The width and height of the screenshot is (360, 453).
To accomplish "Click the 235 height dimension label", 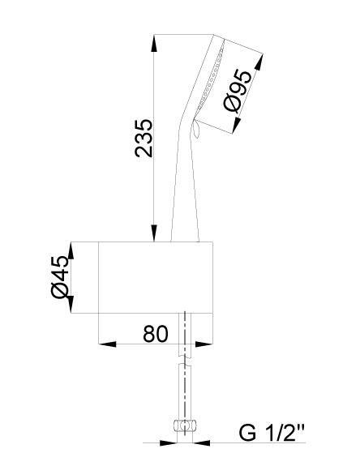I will [x=143, y=139].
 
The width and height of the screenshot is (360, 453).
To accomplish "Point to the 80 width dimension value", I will [x=155, y=333].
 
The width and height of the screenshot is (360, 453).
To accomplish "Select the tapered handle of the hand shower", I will [x=185, y=186].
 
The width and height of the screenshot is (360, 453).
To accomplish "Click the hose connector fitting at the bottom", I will [x=186, y=425].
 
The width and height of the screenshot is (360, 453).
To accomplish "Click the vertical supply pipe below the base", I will [x=186, y=381].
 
